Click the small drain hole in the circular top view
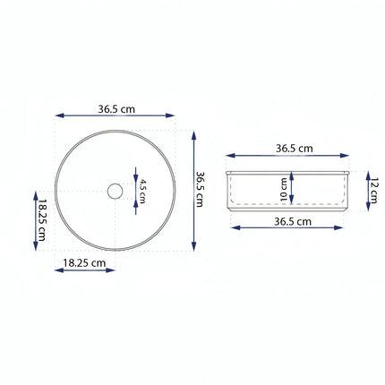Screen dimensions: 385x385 [115, 191]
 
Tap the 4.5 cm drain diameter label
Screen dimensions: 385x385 [141, 190]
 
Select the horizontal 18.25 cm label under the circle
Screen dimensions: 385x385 [84, 263]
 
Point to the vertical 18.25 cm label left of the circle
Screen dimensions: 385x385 [41, 218]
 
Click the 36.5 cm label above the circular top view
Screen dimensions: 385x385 [116, 108]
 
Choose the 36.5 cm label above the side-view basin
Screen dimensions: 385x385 [294, 148]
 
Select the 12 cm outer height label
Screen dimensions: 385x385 [373, 189]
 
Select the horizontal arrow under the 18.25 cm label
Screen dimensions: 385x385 [84, 270]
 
